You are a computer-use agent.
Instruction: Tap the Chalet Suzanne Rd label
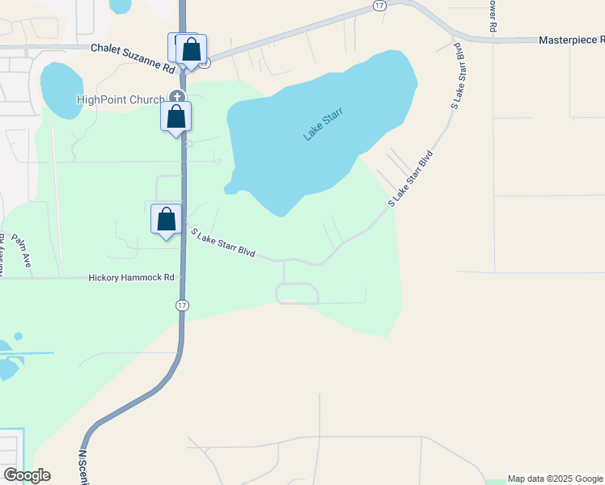point(133,48)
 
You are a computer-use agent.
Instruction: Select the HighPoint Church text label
point(120,100)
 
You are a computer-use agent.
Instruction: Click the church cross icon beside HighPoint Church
point(177,97)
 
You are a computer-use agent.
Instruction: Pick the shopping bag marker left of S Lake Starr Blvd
point(167,220)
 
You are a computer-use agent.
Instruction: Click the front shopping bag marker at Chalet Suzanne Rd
point(192,50)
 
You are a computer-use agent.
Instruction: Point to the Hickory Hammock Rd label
point(132,277)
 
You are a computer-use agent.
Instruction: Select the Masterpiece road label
point(571,40)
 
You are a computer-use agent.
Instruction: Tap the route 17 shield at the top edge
point(379,5)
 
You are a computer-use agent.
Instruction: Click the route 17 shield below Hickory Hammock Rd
point(182,305)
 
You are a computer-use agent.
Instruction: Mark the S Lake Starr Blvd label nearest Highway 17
point(222,242)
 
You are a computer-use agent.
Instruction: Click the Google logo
point(27,475)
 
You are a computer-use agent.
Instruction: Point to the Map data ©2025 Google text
point(555,479)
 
